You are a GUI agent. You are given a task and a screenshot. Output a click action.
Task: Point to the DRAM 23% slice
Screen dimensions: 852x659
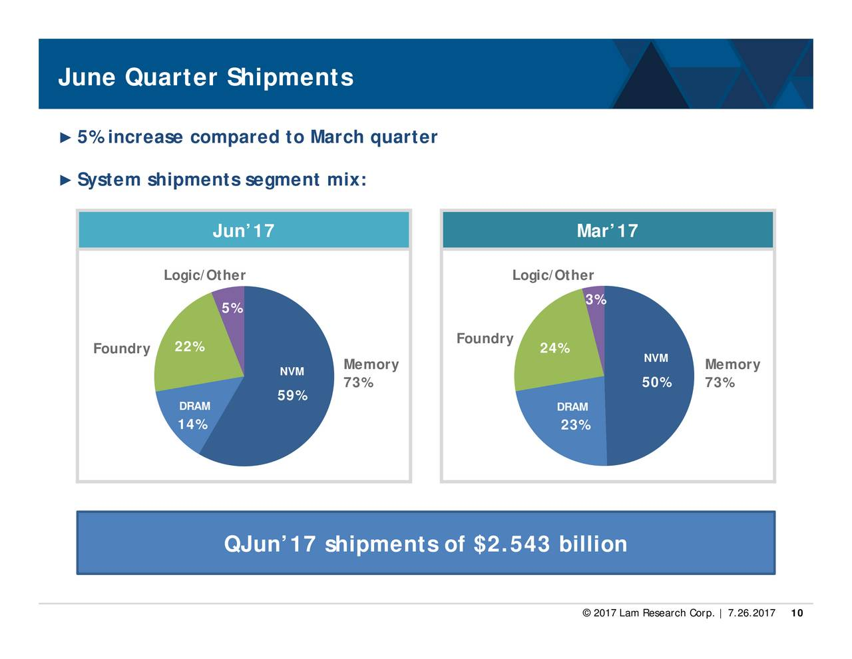(x=568, y=420)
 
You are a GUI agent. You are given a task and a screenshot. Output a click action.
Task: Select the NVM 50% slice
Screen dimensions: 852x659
(x=651, y=376)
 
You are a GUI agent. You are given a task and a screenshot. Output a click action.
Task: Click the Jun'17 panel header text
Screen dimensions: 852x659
(x=244, y=231)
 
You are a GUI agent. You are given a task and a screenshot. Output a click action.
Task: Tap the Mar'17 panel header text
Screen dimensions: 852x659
(x=607, y=231)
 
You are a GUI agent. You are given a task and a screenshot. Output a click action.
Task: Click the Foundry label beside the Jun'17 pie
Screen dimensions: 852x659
(x=122, y=348)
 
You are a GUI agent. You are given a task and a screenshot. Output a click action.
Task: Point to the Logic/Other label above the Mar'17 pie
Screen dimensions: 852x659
(x=553, y=275)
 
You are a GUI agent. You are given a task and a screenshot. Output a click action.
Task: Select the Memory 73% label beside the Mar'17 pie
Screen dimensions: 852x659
(x=732, y=373)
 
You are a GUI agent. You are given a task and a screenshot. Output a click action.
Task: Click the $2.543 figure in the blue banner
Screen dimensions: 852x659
(x=512, y=544)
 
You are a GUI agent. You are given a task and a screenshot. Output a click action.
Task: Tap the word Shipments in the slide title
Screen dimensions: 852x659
(x=290, y=77)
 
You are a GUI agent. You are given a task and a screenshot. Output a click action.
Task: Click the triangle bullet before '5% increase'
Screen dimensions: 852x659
(x=65, y=138)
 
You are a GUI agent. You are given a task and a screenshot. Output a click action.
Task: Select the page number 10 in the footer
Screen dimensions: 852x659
(x=797, y=613)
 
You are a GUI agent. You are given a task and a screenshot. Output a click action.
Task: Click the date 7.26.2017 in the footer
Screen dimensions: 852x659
(x=751, y=613)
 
